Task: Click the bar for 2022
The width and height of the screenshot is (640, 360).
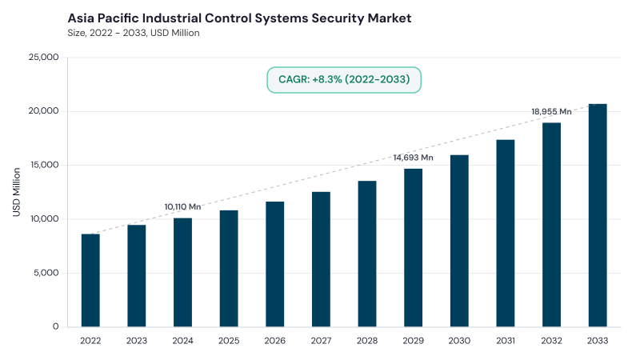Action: (90, 281)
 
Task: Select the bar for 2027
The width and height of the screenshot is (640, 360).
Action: (321, 259)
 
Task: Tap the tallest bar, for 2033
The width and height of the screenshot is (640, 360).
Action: (598, 215)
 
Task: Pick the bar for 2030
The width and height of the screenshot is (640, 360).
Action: (459, 241)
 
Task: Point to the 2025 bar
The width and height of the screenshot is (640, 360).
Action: (229, 269)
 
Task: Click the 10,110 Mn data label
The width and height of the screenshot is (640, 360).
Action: (182, 207)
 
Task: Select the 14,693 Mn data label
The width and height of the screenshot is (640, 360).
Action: (413, 158)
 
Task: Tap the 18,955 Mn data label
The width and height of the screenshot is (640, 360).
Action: (551, 111)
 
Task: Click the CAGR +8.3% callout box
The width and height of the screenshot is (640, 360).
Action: (344, 79)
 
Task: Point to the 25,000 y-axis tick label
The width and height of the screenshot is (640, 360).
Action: (44, 57)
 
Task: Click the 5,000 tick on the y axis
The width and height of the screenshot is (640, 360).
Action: (46, 273)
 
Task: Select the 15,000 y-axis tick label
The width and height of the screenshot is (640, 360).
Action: (44, 165)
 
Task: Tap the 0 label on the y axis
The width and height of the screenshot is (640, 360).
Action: (55, 326)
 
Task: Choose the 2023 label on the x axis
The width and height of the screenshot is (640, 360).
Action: (136, 341)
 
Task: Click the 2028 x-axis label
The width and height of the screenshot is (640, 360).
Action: (367, 341)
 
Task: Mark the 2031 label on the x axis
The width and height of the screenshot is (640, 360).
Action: (506, 341)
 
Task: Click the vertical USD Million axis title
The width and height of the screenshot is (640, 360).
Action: (16, 192)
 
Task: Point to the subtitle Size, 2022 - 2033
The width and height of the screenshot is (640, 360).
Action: (107, 33)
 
